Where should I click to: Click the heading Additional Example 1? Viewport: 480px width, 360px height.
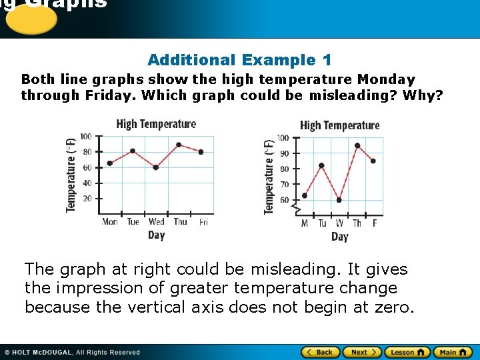pyautogui.click(x=239, y=60)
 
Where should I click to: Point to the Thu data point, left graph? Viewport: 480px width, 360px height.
pyautogui.click(x=179, y=145)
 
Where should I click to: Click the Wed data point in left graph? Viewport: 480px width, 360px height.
pyautogui.click(x=156, y=167)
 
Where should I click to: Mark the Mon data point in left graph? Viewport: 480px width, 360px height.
pyautogui.click(x=110, y=163)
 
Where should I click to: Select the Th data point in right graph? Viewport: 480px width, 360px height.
pyautogui.click(x=357, y=145)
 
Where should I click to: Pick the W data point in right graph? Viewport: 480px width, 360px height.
pyautogui.click(x=339, y=200)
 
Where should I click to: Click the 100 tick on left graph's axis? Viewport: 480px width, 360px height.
pyautogui.click(x=86, y=137)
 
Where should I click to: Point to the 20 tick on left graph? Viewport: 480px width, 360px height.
pyautogui.click(x=87, y=199)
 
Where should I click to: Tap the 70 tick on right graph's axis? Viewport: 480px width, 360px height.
pyautogui.click(x=284, y=185)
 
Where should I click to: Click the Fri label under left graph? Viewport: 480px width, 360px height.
pyautogui.click(x=203, y=222)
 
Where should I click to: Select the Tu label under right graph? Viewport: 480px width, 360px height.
pyautogui.click(x=322, y=223)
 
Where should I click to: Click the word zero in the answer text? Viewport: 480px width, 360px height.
pyautogui.click(x=393, y=307)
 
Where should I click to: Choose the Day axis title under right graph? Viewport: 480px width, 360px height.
pyautogui.click(x=339, y=237)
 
